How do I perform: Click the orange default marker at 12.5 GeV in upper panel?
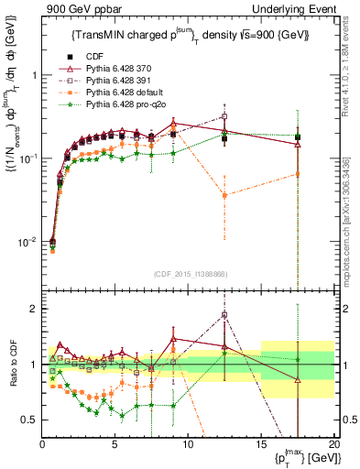224,195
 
